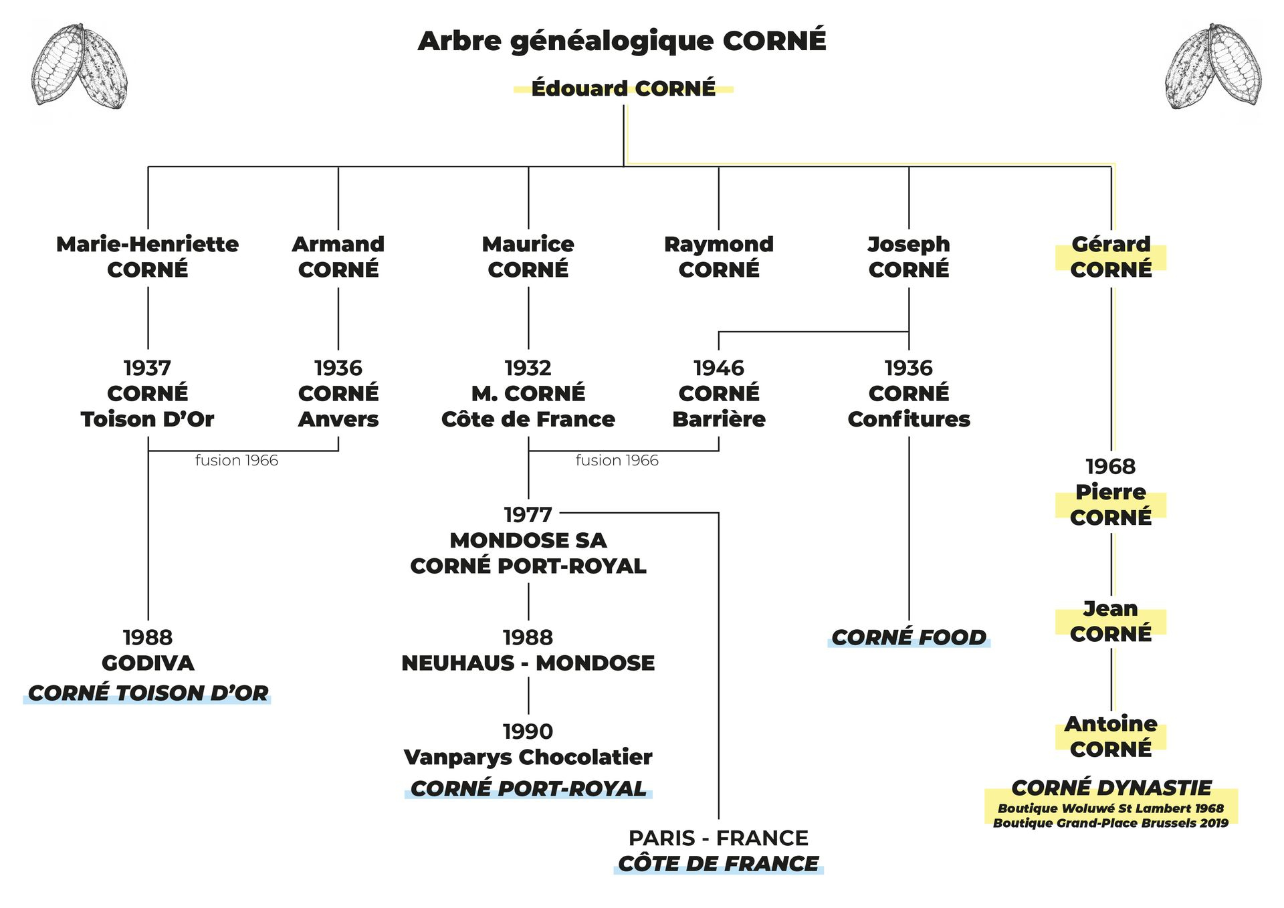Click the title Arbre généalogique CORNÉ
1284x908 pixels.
point(622,41)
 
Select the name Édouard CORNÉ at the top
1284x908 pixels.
point(623,88)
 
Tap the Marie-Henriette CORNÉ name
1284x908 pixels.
point(147,257)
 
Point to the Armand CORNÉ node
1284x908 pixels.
point(338,257)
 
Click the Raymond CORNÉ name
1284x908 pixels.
point(719,257)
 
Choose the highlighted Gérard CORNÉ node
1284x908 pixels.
point(1111,257)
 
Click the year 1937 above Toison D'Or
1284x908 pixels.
point(147,368)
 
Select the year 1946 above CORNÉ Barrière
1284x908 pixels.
point(719,368)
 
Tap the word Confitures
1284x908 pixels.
point(909,419)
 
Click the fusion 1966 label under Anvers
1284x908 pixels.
point(237,461)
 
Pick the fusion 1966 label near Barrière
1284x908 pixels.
point(617,461)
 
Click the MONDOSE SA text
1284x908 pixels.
point(528,540)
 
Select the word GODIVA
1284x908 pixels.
point(148,663)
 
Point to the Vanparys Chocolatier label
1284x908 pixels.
point(528,757)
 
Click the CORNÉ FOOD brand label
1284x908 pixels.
point(909,637)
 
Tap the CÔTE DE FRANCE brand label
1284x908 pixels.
point(718,864)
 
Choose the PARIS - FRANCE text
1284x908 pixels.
point(718,838)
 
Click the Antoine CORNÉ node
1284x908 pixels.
point(1111,736)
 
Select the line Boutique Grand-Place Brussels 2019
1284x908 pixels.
point(1111,823)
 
